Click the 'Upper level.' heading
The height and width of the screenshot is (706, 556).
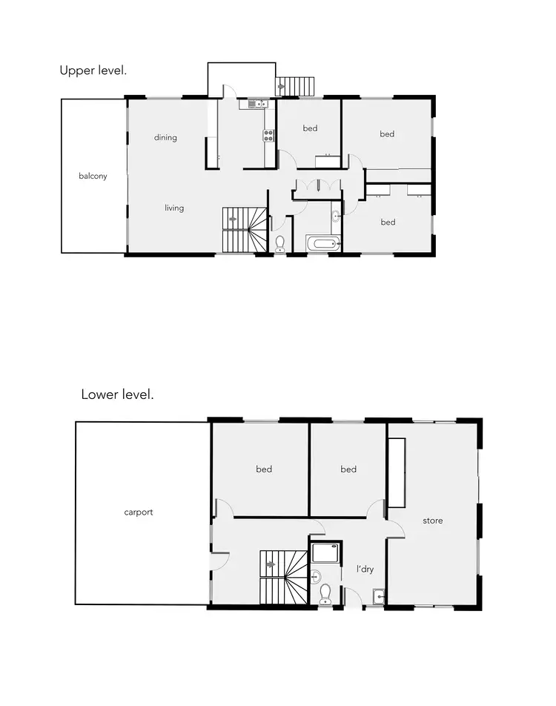(x=93, y=71)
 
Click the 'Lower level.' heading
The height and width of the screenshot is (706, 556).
(x=117, y=395)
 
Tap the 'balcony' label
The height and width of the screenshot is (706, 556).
(x=93, y=176)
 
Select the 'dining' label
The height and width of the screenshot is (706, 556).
(x=165, y=137)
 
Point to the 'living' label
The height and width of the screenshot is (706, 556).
(x=174, y=208)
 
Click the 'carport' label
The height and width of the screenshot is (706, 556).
(x=139, y=512)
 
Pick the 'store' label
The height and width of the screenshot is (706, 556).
(x=433, y=521)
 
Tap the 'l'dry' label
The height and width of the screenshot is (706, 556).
(x=365, y=570)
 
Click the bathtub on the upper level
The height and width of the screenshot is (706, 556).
(x=323, y=243)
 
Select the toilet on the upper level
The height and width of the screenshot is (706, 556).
(x=280, y=244)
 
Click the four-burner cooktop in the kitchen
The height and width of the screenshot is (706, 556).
(x=268, y=135)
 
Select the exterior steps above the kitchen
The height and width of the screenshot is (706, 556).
(x=295, y=86)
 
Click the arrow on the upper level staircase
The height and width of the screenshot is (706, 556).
(x=234, y=219)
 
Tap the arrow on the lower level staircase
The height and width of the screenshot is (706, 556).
(x=271, y=564)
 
